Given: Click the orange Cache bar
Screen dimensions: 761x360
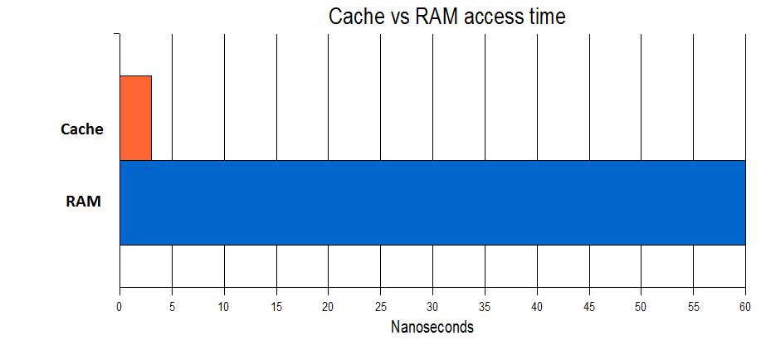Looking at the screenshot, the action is tap(135, 118).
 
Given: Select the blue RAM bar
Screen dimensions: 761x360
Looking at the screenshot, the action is tap(432, 202).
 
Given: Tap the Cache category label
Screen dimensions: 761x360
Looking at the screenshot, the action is tap(82, 129).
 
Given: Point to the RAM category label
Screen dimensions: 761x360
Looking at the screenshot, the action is tap(84, 202).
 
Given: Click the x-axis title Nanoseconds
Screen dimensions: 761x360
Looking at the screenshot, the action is tap(432, 327).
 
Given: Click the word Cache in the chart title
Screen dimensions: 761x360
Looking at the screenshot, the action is tap(356, 17).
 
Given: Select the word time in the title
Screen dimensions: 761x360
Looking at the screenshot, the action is tap(546, 17).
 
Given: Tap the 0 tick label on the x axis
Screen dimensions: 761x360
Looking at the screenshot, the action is tap(120, 307).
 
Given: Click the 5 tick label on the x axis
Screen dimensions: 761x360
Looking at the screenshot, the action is tap(172, 307).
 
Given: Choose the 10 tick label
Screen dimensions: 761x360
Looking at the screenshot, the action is tap(224, 307).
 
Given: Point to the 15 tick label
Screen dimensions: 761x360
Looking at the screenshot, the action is tap(276, 307).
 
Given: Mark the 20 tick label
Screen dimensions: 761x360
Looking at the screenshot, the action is tap(328, 307).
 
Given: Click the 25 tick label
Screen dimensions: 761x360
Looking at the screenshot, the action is tap(380, 307).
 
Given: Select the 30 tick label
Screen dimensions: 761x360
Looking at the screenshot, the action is tap(432, 307).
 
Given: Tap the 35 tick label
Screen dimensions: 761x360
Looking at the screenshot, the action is tap(485, 307).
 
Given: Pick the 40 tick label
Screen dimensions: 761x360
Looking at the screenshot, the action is tap(537, 307).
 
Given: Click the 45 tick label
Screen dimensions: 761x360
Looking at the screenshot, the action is tap(589, 307).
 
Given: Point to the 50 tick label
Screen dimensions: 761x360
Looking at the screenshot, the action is tap(641, 307).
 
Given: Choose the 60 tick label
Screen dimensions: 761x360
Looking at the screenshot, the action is tap(745, 307).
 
